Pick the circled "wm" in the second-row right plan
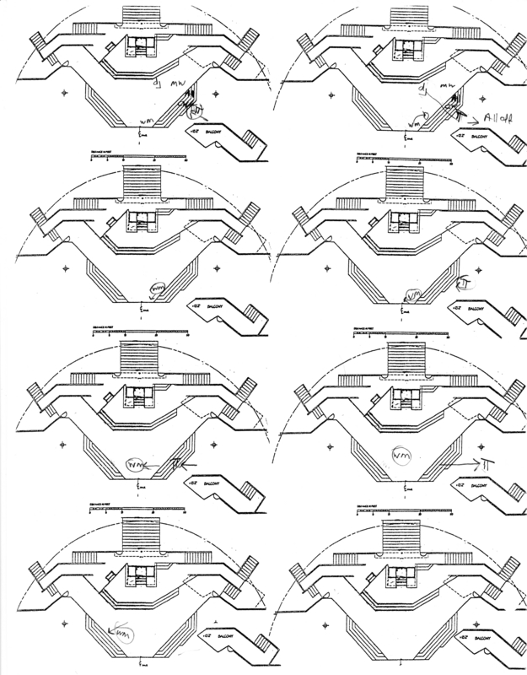point(412,294)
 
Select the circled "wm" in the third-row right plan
point(402,456)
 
